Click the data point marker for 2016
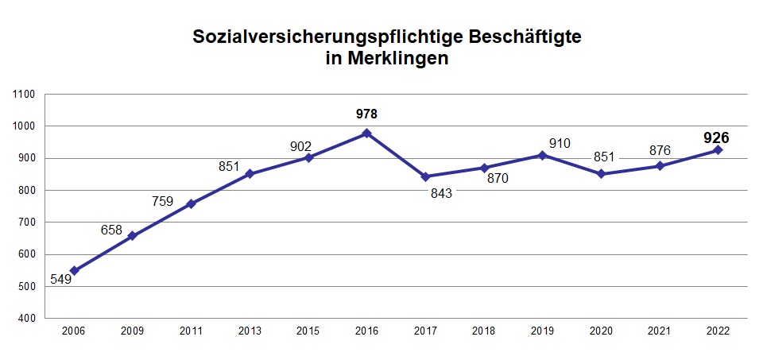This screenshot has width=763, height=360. point(366,134)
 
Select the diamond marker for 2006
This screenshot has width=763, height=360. point(74,271)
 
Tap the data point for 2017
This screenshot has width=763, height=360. point(425,176)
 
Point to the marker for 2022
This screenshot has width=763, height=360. point(718,150)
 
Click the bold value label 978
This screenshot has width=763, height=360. point(366,114)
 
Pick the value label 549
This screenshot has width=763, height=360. point(61,279)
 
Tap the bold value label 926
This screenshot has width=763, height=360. point(716,137)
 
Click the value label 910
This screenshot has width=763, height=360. point(560,144)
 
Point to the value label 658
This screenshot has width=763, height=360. point(111,230)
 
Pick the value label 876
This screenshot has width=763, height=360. point(660,150)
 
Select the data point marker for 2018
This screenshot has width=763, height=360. point(484,168)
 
